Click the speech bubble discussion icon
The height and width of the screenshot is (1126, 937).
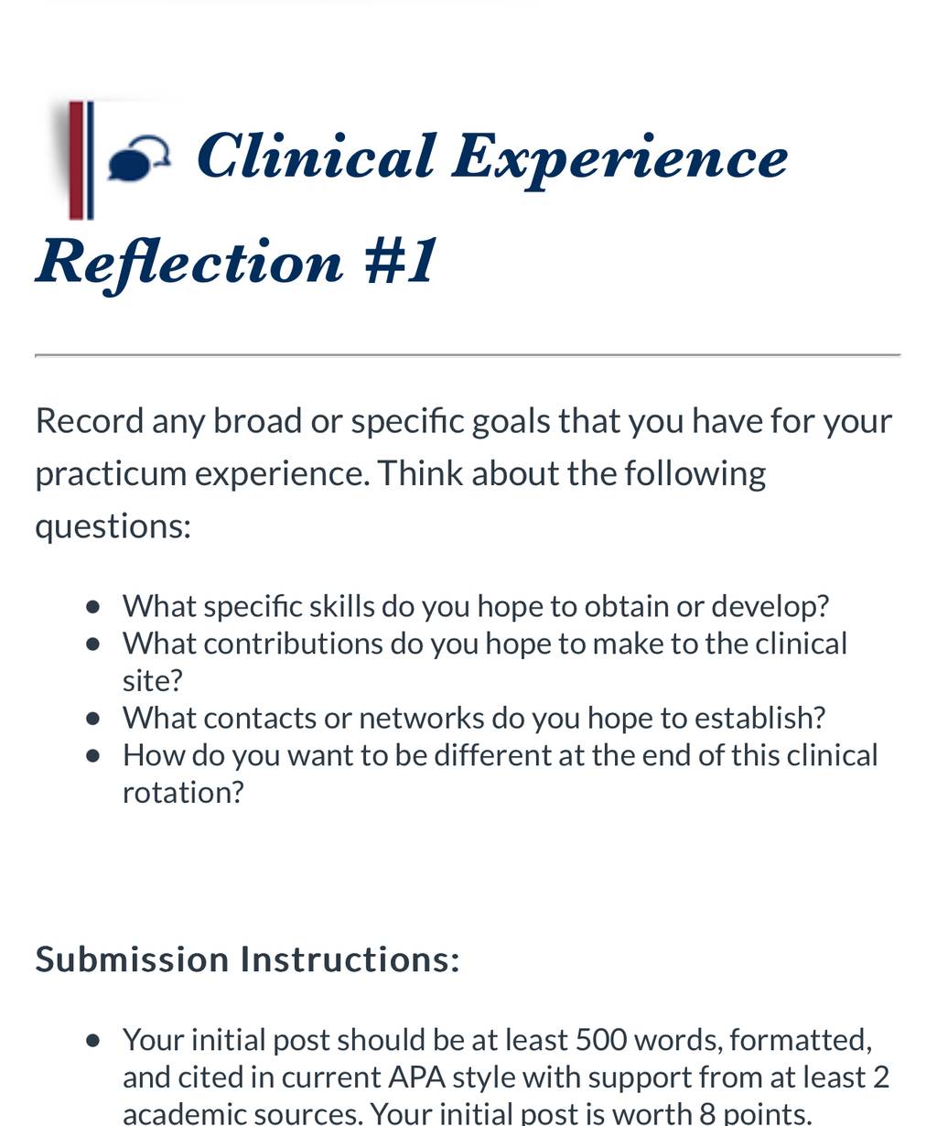pyautogui.click(x=139, y=157)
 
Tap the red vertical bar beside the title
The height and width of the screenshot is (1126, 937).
pyautogui.click(x=76, y=160)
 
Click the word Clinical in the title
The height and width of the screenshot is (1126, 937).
pyautogui.click(x=316, y=157)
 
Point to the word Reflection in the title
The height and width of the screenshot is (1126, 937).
pyautogui.click(x=189, y=264)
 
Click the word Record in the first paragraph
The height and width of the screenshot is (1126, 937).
pyautogui.click(x=90, y=420)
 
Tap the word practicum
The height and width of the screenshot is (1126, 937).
pyautogui.click(x=111, y=474)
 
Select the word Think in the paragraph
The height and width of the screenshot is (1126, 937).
pyautogui.click(x=420, y=473)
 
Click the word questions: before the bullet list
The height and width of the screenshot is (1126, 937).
pyautogui.click(x=113, y=527)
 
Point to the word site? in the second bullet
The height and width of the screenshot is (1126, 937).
pyautogui.click(x=153, y=681)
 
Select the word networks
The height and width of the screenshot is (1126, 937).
pyautogui.click(x=422, y=719)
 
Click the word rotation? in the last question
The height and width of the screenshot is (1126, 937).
pyautogui.click(x=183, y=793)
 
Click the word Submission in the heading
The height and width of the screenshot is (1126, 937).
pyautogui.click(x=132, y=960)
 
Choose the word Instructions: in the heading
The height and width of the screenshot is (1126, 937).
pyautogui.click(x=350, y=960)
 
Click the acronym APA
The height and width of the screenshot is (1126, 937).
pyautogui.click(x=416, y=1077)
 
